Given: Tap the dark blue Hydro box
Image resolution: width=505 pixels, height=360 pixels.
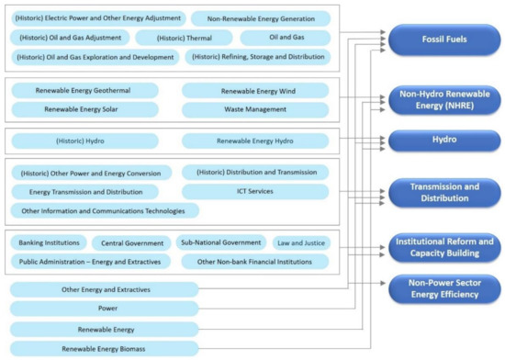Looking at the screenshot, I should (443, 141).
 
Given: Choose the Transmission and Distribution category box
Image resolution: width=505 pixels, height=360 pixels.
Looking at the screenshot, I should (443, 193).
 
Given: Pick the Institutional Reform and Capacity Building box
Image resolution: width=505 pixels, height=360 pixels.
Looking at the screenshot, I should (443, 247).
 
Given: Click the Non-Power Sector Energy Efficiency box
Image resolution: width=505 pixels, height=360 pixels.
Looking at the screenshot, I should (443, 289).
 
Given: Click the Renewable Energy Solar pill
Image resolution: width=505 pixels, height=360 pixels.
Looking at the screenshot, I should (84, 109).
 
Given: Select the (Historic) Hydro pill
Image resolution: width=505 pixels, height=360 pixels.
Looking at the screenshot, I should (84, 141).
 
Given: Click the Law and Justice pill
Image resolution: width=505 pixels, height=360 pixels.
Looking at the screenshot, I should (298, 243).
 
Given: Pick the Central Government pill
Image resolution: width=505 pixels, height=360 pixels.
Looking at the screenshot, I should (130, 243).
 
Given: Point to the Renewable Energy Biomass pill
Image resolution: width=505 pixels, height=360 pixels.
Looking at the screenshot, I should (104, 349).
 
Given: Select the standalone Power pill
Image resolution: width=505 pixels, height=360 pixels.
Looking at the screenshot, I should (104, 309).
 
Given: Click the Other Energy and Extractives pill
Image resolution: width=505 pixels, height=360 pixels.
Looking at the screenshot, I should (104, 289).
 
